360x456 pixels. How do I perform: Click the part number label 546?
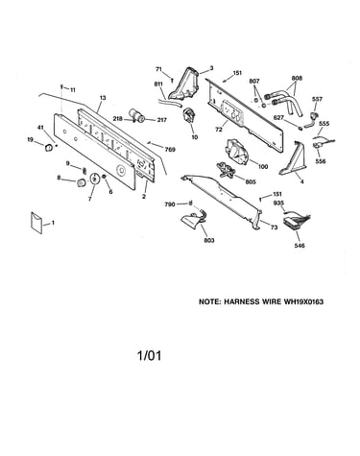[x=300, y=246]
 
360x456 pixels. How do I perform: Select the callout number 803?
[x=209, y=240]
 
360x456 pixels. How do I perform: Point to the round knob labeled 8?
[x=81, y=183]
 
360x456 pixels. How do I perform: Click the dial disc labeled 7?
[x=95, y=179]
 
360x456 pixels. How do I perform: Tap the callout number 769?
[x=170, y=149]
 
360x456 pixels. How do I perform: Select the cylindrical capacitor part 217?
[x=137, y=115]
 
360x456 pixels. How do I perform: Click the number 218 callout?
[x=117, y=119]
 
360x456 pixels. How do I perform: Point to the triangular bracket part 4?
[x=292, y=159]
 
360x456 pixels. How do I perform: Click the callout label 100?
[x=263, y=166]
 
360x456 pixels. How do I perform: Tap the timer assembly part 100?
[x=237, y=151]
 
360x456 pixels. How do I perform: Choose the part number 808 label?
[x=297, y=78]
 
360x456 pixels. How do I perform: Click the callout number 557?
[x=317, y=99]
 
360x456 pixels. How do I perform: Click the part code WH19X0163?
[x=303, y=301]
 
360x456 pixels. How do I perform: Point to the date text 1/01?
[x=149, y=355]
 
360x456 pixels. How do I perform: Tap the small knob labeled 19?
[x=49, y=148]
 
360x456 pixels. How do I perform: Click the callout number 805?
[x=251, y=181]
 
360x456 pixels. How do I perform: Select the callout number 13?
[x=103, y=98]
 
